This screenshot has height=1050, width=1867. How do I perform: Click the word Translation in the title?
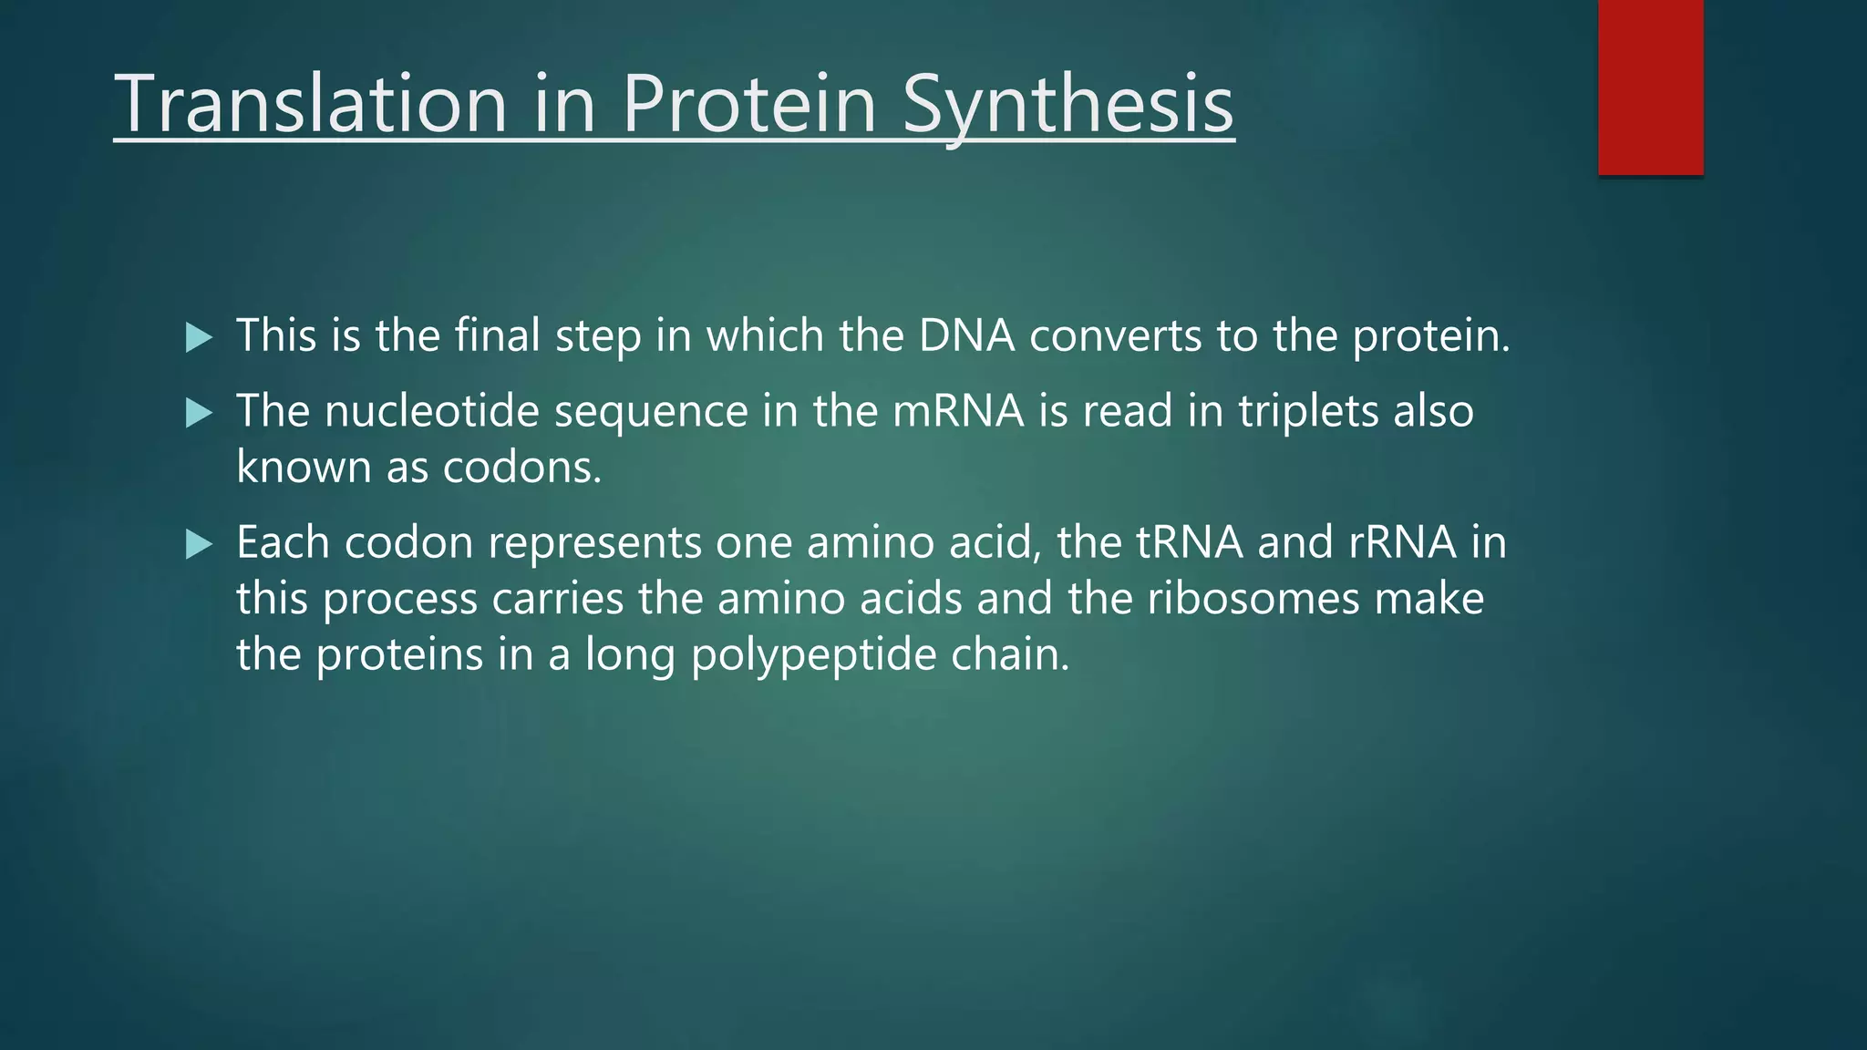[x=311, y=104]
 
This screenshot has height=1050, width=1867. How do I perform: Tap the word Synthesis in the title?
[x=1068, y=104]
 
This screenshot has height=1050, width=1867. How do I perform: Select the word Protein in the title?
[x=749, y=104]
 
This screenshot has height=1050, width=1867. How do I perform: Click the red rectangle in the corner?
[x=1650, y=87]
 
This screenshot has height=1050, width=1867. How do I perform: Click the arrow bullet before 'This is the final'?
[x=198, y=338]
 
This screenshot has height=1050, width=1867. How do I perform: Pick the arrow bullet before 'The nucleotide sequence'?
[x=198, y=414]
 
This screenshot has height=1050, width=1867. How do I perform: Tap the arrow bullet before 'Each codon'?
[x=198, y=545]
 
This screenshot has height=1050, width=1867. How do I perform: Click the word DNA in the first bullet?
[x=966, y=335]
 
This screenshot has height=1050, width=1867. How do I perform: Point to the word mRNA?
[x=957, y=411]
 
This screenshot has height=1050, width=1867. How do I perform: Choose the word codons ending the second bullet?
[x=521, y=468]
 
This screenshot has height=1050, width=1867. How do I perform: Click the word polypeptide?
[x=813, y=655]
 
